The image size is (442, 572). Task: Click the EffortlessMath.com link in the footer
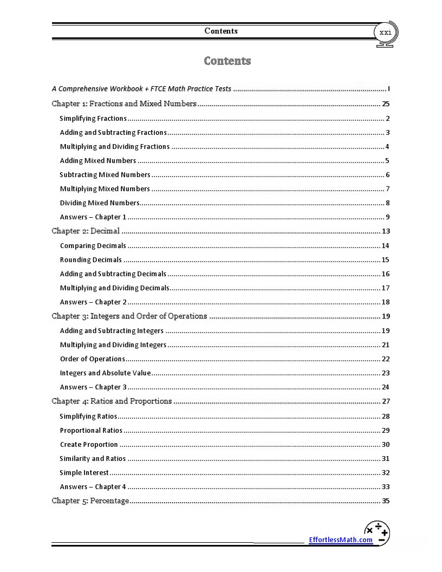click(x=340, y=539)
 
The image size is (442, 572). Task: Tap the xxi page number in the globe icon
click(x=385, y=32)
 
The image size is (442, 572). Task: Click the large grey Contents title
click(x=227, y=61)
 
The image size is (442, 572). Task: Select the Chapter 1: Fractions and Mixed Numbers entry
click(x=124, y=103)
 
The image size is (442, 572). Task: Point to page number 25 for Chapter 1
click(x=386, y=103)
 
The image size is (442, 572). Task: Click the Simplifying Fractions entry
click(x=93, y=119)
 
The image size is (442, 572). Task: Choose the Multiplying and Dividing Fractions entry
click(x=115, y=147)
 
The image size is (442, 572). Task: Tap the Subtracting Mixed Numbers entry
click(x=105, y=175)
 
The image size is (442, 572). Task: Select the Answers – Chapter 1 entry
click(x=93, y=217)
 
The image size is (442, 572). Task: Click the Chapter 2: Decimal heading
click(x=86, y=231)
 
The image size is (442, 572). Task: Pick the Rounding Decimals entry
click(x=91, y=260)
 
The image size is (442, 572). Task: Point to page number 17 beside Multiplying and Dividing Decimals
click(x=386, y=288)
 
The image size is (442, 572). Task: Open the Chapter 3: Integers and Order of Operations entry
click(x=129, y=316)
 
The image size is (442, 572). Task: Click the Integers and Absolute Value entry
click(x=105, y=373)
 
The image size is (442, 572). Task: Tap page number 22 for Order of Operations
click(x=386, y=359)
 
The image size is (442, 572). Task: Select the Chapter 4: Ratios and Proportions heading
click(x=112, y=401)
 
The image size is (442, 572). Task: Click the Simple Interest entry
click(x=84, y=473)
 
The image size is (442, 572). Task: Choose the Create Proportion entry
click(x=89, y=445)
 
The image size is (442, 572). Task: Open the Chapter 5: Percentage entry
click(x=90, y=501)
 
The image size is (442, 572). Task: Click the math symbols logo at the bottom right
click(x=377, y=533)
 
